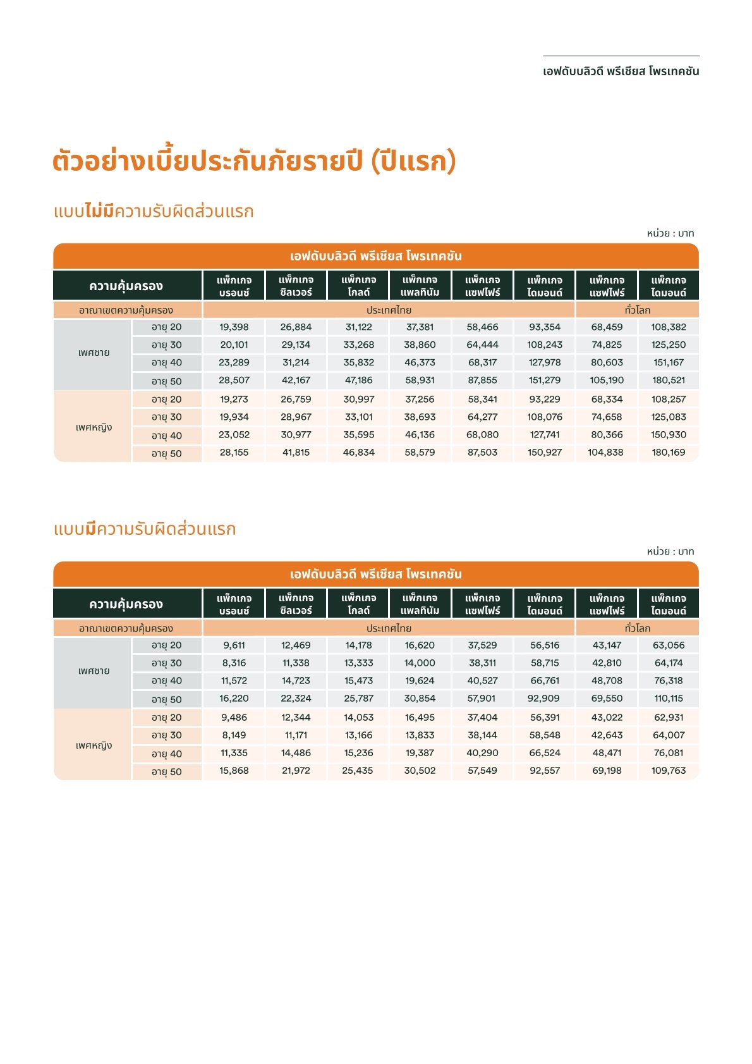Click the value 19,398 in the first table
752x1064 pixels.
click(234, 327)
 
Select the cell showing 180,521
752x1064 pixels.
click(669, 380)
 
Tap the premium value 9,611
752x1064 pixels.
click(234, 645)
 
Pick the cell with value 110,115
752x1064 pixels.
click(669, 698)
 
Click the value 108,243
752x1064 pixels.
click(545, 345)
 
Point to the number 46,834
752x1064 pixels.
click(358, 452)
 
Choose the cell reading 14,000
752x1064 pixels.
click(420, 663)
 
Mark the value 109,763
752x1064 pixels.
click(669, 770)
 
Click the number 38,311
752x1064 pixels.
click(482, 663)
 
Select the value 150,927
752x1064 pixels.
click(545, 452)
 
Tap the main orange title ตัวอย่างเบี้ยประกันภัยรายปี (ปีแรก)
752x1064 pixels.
click(254, 161)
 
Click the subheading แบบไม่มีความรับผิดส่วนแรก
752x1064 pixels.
click(154, 211)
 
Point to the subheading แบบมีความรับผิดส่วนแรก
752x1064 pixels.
click(145, 529)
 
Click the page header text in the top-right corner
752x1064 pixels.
click(621, 71)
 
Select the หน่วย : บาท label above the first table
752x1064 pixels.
click(670, 233)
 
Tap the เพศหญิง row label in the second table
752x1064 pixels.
click(94, 745)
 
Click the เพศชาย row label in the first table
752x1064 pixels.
click(94, 353)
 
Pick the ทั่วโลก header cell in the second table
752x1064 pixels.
click(637, 628)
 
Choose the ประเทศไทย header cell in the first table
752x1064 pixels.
click(389, 310)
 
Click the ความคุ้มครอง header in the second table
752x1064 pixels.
click(126, 604)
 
